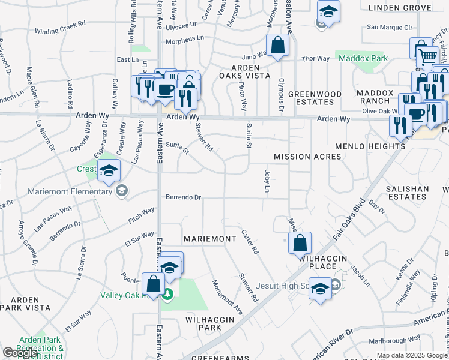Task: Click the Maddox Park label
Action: (363, 59)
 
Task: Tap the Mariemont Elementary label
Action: (70, 192)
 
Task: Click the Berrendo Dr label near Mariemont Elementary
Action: (182, 197)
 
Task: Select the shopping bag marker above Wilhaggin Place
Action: (300, 244)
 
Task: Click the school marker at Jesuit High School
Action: (320, 289)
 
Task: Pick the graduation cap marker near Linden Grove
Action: (328, 13)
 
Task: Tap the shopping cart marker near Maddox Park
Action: (427, 56)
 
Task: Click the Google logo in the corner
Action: (20, 353)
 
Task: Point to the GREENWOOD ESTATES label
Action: (315, 98)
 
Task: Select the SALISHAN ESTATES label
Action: (408, 193)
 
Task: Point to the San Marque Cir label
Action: (390, 27)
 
